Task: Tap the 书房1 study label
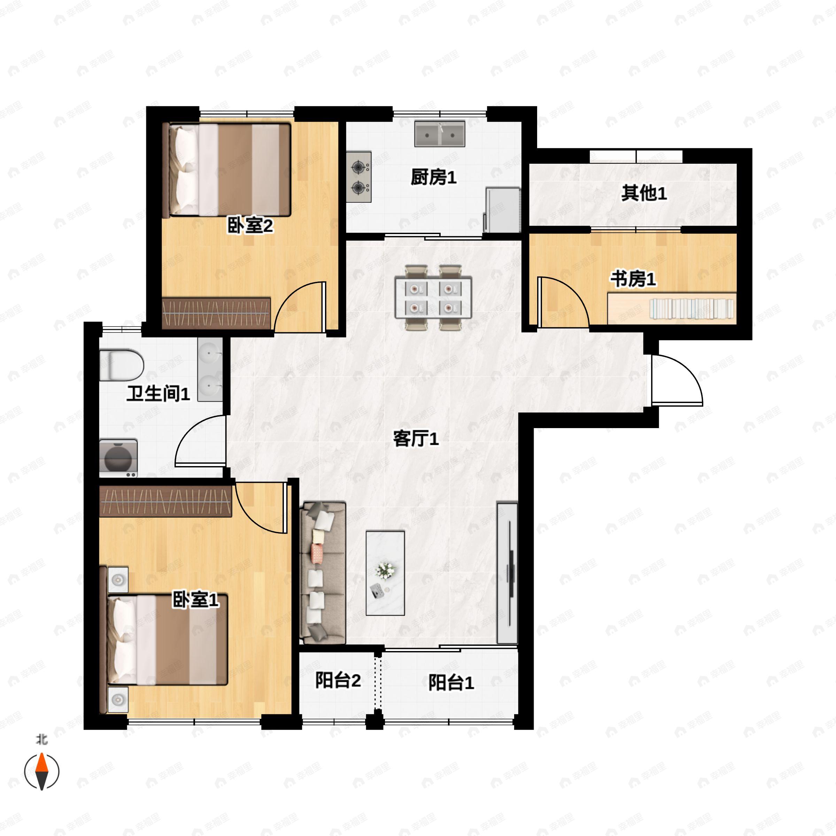pos(633,279)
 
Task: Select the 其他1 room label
pos(644,193)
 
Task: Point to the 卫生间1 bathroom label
pos(158,393)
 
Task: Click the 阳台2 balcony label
pos(338,680)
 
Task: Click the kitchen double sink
pos(440,134)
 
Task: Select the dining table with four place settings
pos(433,298)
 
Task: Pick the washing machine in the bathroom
pos(118,458)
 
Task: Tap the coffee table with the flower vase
pos(385,573)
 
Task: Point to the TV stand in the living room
pos(507,573)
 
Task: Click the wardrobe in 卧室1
pos(166,501)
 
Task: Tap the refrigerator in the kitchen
pos(502,210)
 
